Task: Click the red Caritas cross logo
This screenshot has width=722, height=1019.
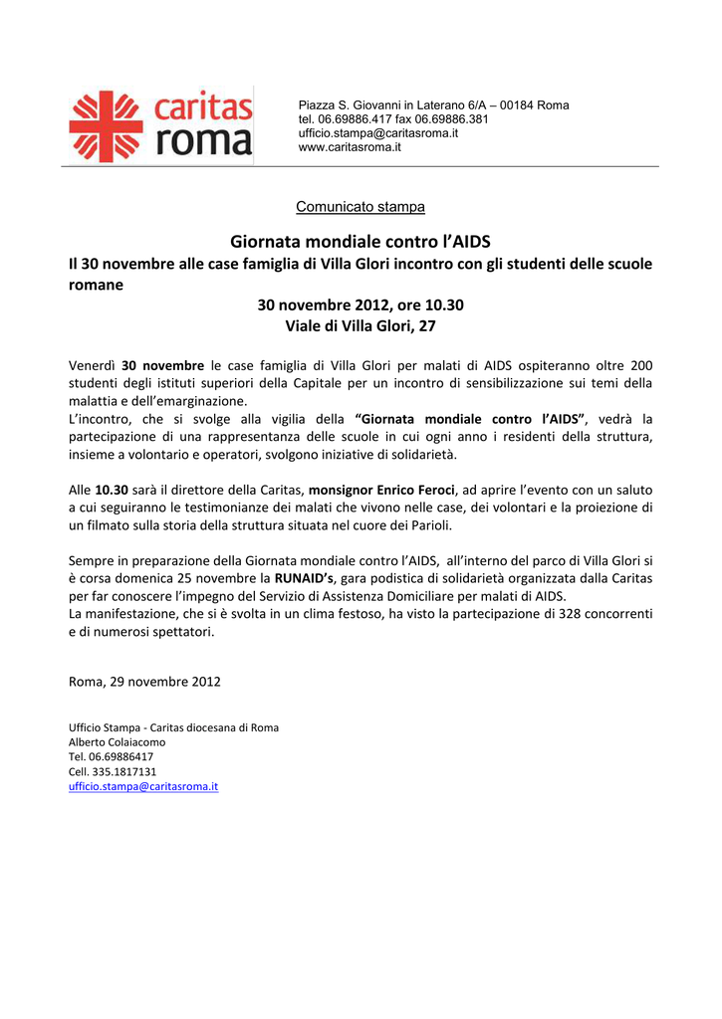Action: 106,126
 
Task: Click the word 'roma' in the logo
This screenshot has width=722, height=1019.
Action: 204,140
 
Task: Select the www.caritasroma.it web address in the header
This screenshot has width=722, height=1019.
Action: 350,147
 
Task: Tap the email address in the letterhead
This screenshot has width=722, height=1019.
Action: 378,133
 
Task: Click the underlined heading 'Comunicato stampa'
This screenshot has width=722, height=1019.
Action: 361,207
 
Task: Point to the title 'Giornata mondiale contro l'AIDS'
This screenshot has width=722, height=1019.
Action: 361,242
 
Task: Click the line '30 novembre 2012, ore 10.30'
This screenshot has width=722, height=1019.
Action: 361,305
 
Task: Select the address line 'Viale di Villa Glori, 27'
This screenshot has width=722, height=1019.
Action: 361,325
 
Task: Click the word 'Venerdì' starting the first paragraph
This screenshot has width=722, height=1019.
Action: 92,365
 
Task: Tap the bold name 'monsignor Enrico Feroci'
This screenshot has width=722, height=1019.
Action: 381,491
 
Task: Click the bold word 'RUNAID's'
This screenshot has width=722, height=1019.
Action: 305,578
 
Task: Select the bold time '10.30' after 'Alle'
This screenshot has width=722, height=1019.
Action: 112,491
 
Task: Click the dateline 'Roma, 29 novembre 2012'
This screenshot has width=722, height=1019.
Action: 144,682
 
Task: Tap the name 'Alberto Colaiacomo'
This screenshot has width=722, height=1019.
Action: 117,742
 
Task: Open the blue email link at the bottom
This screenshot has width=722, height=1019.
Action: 142,786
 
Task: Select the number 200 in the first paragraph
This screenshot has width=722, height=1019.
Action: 641,365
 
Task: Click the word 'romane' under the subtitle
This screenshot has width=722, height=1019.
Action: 96,285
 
